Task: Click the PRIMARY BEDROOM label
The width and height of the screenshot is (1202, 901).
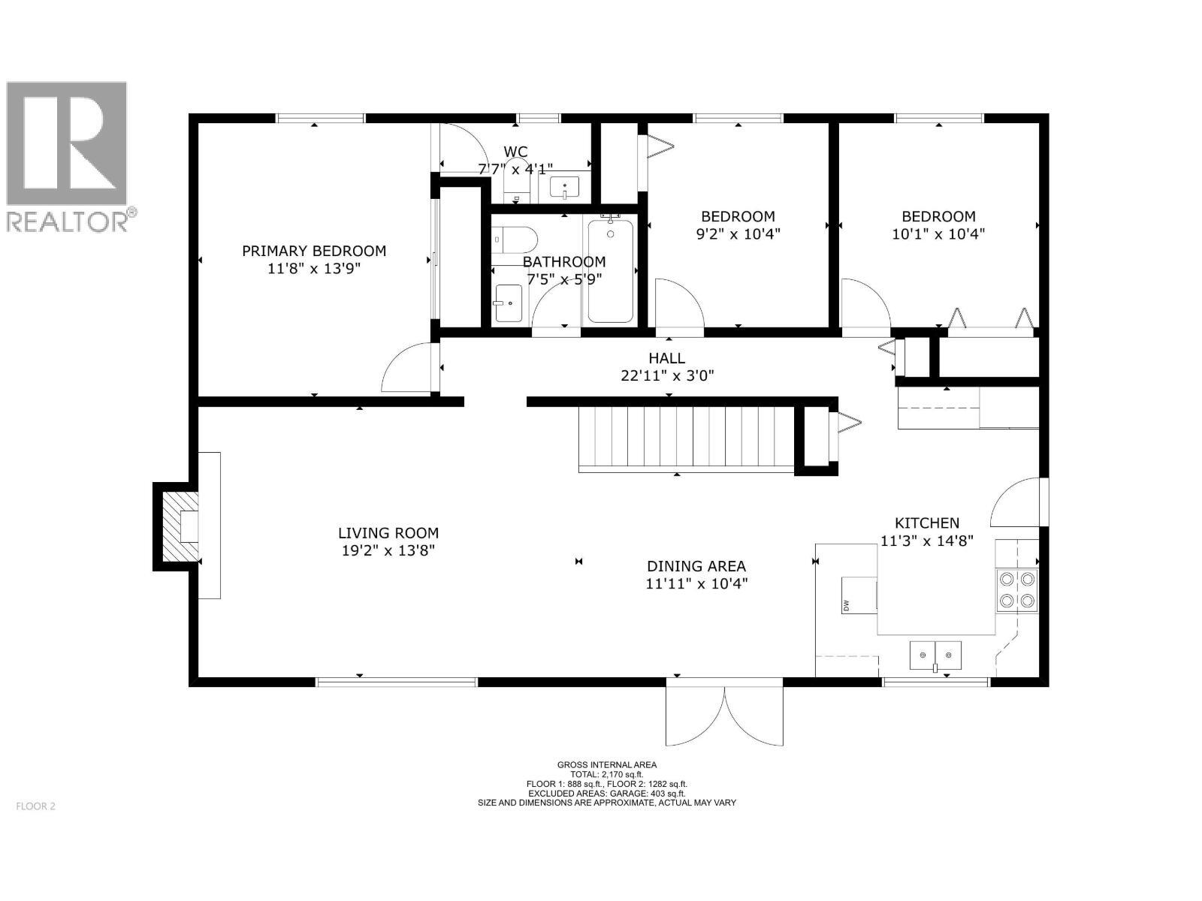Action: [x=313, y=251]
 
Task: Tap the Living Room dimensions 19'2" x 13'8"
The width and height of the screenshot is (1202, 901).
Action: [x=388, y=550]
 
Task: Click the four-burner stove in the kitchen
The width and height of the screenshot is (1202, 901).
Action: [x=1016, y=589]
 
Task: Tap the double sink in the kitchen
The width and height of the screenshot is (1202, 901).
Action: [x=935, y=655]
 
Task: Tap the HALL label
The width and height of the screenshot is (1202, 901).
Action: [x=666, y=358]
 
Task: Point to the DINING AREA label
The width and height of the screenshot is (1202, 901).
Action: [x=696, y=566]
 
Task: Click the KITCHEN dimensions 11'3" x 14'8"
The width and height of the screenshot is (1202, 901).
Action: [x=926, y=541]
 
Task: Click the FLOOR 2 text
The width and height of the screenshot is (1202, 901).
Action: [x=35, y=806]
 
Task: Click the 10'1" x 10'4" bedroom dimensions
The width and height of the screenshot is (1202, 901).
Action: [x=938, y=234]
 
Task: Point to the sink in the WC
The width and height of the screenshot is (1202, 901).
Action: [x=564, y=187]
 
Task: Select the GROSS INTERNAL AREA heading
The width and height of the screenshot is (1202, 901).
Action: [x=606, y=765]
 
